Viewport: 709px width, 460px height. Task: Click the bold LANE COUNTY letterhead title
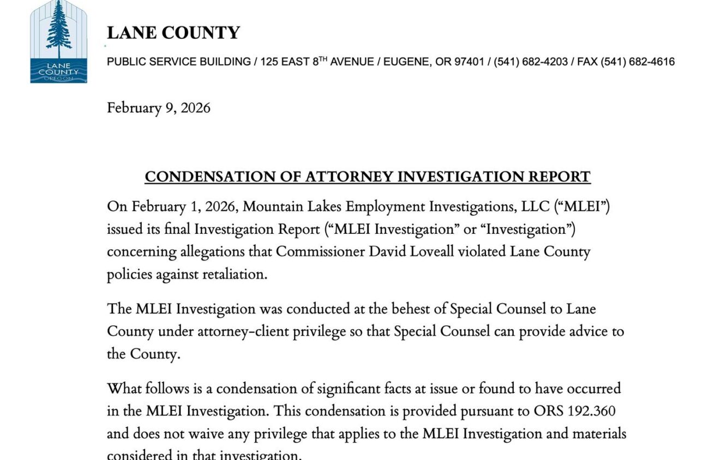[173, 33]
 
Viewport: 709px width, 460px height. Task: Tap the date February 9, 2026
[158, 108]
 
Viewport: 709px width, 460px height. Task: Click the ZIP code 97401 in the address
[468, 62]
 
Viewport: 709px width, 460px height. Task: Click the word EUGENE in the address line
[405, 62]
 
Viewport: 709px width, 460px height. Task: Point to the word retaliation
[232, 274]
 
